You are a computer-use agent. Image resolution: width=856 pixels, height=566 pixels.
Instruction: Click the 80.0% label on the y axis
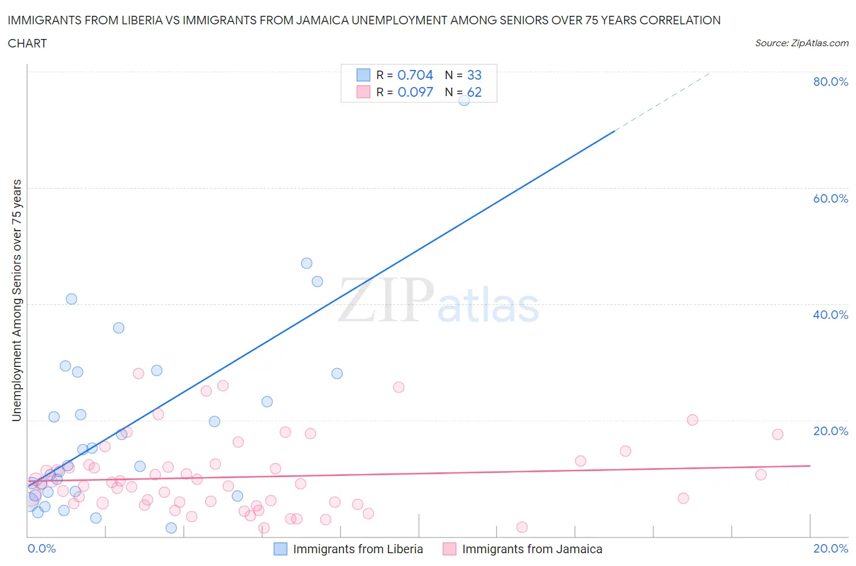pos(830,82)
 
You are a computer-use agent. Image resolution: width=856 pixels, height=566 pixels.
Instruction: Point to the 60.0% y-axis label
pos(830,198)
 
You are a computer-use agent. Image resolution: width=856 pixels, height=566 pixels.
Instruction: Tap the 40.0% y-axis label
pos(830,315)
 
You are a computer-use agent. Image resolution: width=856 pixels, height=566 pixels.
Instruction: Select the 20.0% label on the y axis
pos(830,431)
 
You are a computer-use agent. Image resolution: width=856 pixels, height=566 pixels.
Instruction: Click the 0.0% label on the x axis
pos(41,548)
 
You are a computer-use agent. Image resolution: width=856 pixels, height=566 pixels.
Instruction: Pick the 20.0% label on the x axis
pos(830,548)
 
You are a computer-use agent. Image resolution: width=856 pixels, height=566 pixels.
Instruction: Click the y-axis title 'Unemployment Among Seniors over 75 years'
pos(17,300)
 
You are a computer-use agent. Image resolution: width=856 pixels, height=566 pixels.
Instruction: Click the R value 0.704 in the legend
pos(415,75)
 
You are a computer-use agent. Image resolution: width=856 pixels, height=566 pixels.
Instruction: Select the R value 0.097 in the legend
pos(415,92)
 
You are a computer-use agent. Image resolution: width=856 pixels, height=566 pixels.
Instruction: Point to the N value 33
pos(474,75)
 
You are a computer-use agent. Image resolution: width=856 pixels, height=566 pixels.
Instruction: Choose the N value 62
pos(474,92)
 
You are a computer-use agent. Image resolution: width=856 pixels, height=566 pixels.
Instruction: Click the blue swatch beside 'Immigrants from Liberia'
pos(280,549)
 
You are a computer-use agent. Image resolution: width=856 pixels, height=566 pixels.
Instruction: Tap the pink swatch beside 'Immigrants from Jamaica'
pos(449,549)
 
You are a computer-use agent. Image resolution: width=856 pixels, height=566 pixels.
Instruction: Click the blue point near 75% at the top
pos(464,100)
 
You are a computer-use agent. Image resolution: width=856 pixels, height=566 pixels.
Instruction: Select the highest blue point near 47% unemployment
pos(307,263)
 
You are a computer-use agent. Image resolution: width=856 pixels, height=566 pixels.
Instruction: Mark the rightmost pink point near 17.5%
pos(777,434)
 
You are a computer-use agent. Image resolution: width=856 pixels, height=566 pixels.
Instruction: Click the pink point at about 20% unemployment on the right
pos(692,420)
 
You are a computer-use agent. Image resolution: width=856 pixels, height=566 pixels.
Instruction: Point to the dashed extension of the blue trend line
pos(664,100)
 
